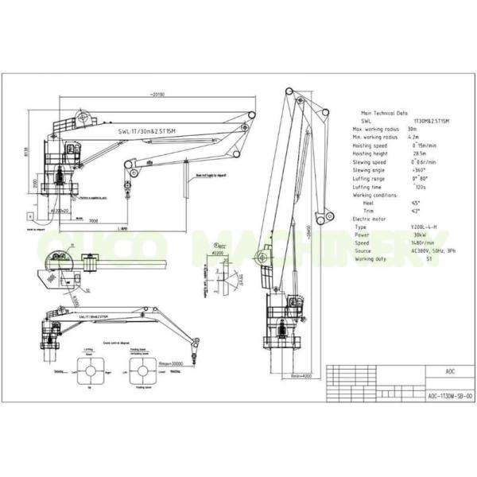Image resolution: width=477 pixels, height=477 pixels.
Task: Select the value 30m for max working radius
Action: tap(412, 129)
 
